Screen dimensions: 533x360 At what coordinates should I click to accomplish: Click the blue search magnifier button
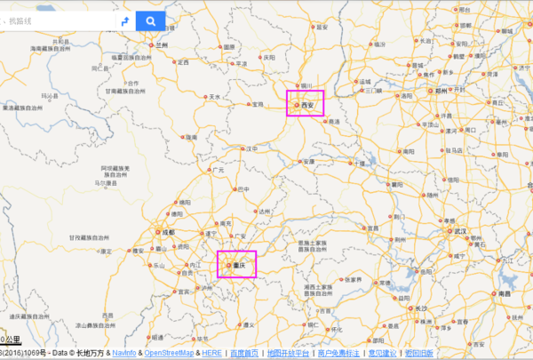[x=151, y=20]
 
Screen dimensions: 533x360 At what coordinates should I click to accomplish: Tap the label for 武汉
[x=459, y=231]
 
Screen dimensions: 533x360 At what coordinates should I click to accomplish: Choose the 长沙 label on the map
[x=421, y=309]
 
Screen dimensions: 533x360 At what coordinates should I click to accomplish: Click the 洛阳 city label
[x=408, y=95]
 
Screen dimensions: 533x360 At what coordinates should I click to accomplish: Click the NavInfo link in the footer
[x=124, y=353]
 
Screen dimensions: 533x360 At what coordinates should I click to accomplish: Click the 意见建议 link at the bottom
[x=383, y=353]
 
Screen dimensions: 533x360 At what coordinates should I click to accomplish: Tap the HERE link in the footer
[x=212, y=353]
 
